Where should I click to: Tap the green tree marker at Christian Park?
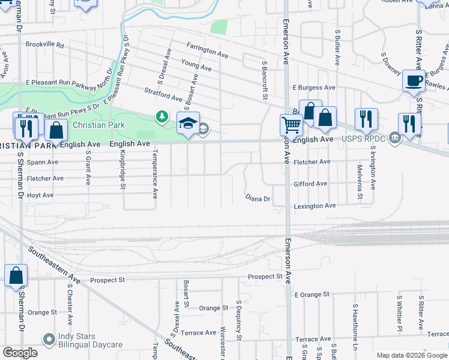(x=162, y=116)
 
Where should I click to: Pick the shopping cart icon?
(x=291, y=125)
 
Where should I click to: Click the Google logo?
(x=20, y=353)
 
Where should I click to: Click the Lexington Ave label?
(x=315, y=206)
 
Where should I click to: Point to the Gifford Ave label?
(x=310, y=184)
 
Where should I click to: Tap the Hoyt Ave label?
(x=40, y=195)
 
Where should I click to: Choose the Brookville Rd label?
(x=44, y=45)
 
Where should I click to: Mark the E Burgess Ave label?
(x=314, y=88)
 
